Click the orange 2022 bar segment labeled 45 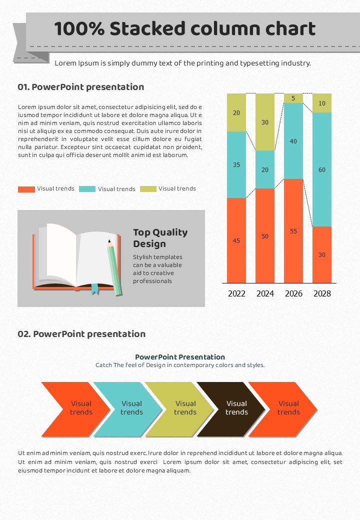click(236, 240)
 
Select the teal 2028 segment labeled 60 click(322, 169)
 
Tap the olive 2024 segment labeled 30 click(265, 122)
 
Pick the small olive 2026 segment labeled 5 click(293, 98)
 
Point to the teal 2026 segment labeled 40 click(293, 141)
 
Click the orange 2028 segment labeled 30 click(322, 254)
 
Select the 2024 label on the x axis click(265, 293)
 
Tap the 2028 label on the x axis click(322, 293)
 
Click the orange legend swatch click(26, 189)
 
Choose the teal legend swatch click(87, 189)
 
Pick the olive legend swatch click(148, 189)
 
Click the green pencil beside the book click(114, 267)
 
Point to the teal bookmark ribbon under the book click(95, 289)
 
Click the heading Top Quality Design click(160, 238)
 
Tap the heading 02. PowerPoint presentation click(81, 334)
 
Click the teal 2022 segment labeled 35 click(236, 164)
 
